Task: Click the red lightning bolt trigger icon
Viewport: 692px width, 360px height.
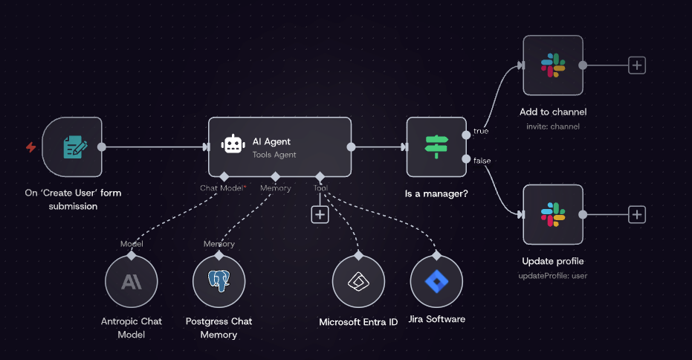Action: [x=31, y=147]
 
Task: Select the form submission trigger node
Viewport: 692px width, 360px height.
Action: [x=72, y=147]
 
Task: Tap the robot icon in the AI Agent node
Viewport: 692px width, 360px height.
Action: [x=233, y=144]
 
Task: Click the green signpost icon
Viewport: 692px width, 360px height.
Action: [x=436, y=147]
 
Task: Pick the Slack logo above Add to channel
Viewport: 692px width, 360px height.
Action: [x=553, y=65]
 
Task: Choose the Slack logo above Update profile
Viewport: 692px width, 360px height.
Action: [x=553, y=215]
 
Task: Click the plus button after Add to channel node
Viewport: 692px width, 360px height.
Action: [x=637, y=65]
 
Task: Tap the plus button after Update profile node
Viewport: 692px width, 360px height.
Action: [x=637, y=215]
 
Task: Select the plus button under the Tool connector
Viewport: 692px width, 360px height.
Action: [x=320, y=215]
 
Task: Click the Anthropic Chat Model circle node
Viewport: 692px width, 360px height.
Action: [x=132, y=281]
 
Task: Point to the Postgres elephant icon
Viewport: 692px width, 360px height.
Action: [x=219, y=280]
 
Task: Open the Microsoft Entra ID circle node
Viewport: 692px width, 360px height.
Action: [x=358, y=281]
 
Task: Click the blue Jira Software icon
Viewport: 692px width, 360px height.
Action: [x=436, y=281]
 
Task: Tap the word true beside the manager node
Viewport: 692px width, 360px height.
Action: [x=481, y=131]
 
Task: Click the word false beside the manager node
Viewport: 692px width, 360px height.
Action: [x=482, y=161]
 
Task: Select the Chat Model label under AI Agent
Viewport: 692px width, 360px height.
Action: [x=221, y=188]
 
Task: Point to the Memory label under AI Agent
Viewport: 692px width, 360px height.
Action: [x=275, y=188]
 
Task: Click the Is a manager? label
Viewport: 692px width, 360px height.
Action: [x=436, y=193]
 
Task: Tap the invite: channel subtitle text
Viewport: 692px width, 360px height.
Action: [x=553, y=126]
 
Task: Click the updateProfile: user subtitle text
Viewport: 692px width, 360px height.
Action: [x=553, y=276]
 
